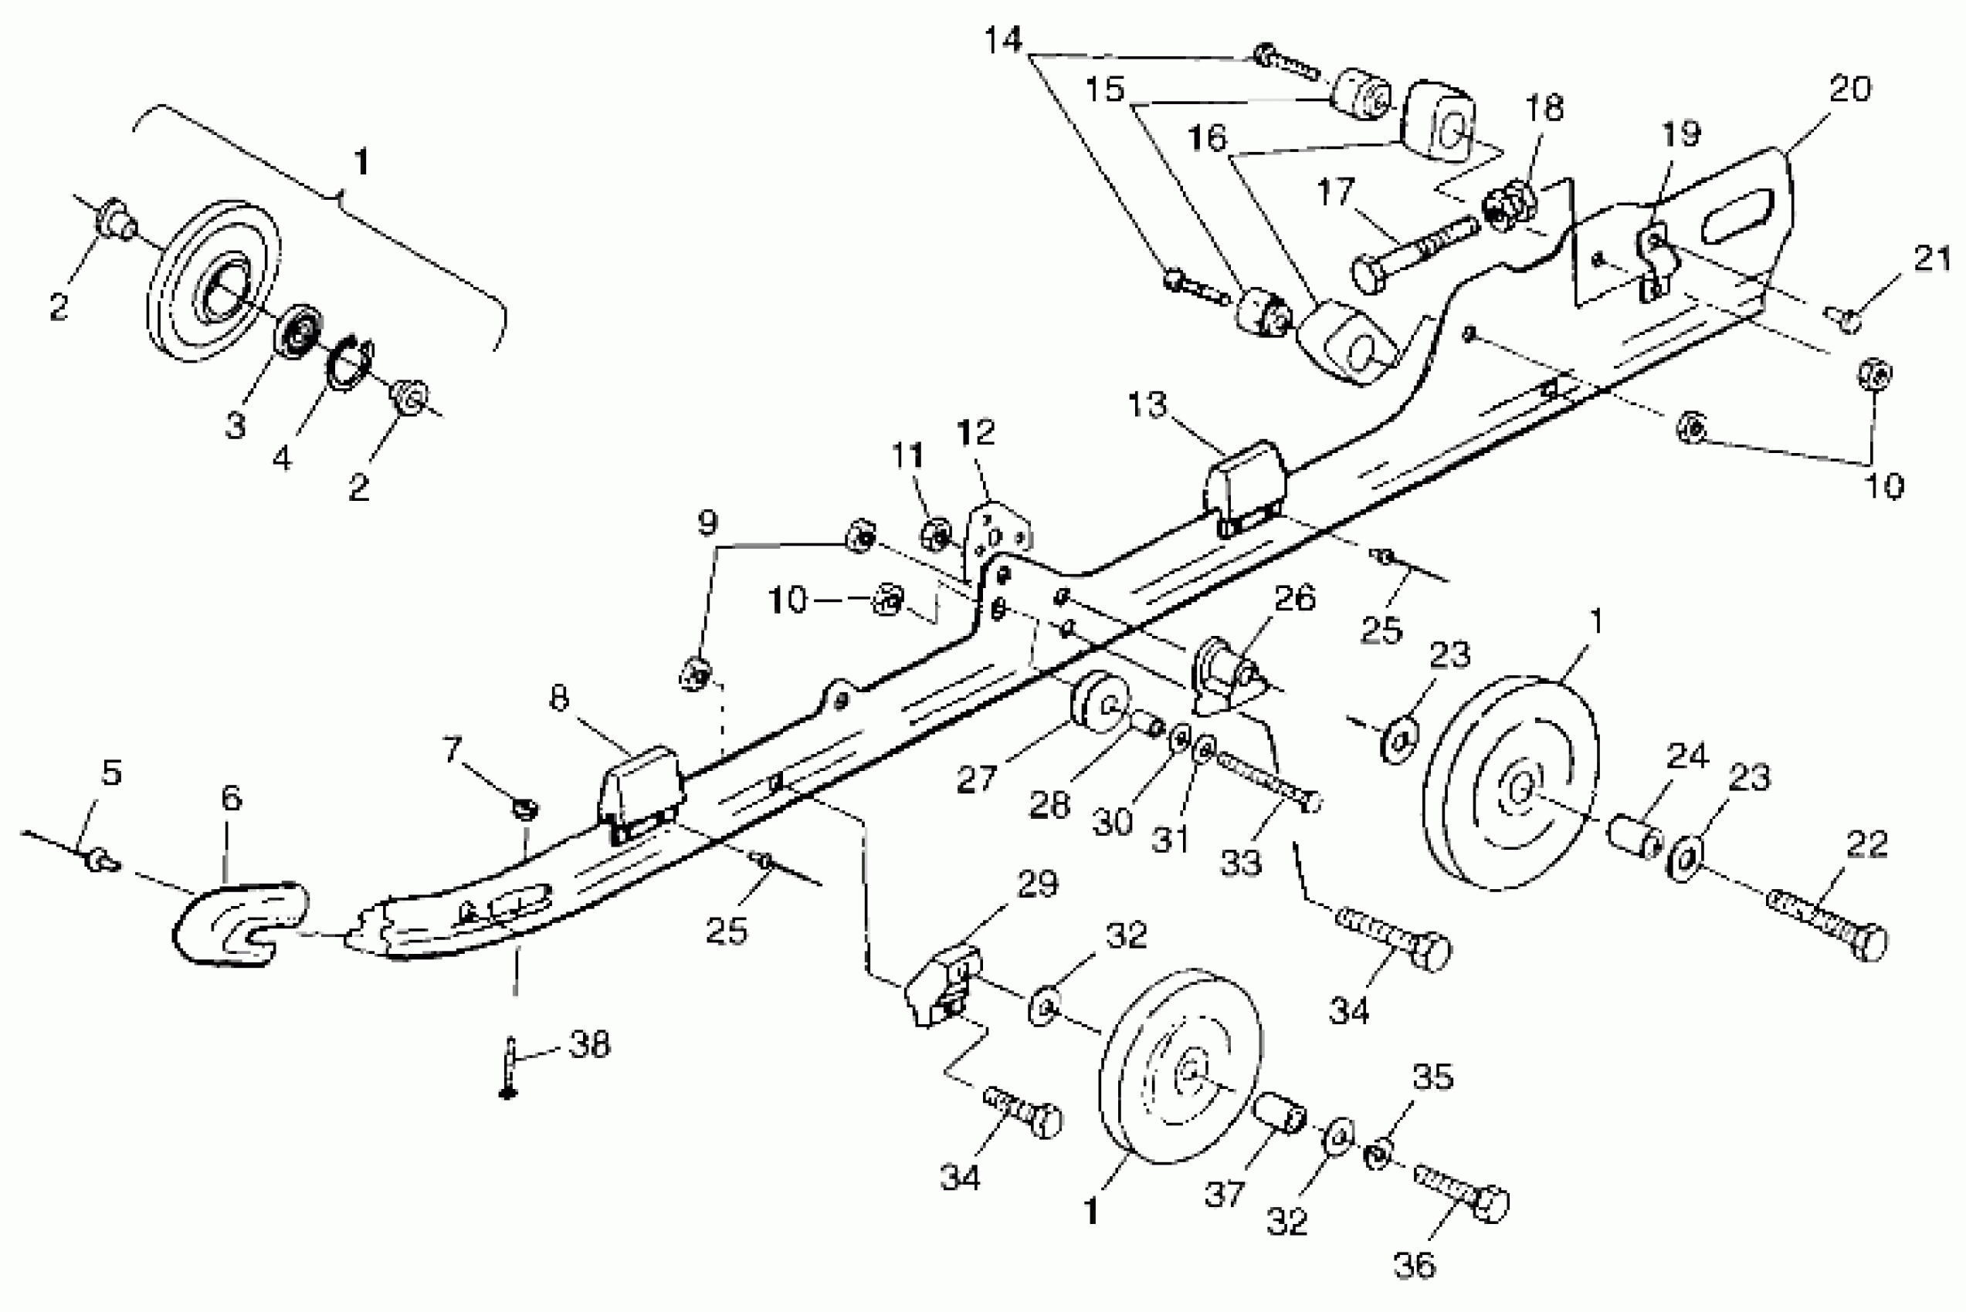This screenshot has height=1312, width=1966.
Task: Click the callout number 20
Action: (1849, 89)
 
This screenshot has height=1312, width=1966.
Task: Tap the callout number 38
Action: (590, 1043)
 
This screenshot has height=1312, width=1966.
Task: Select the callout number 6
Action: (232, 797)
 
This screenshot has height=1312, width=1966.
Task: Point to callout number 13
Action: (1147, 405)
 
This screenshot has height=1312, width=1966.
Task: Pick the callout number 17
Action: (1335, 192)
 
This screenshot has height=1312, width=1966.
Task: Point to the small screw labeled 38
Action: (509, 1071)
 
